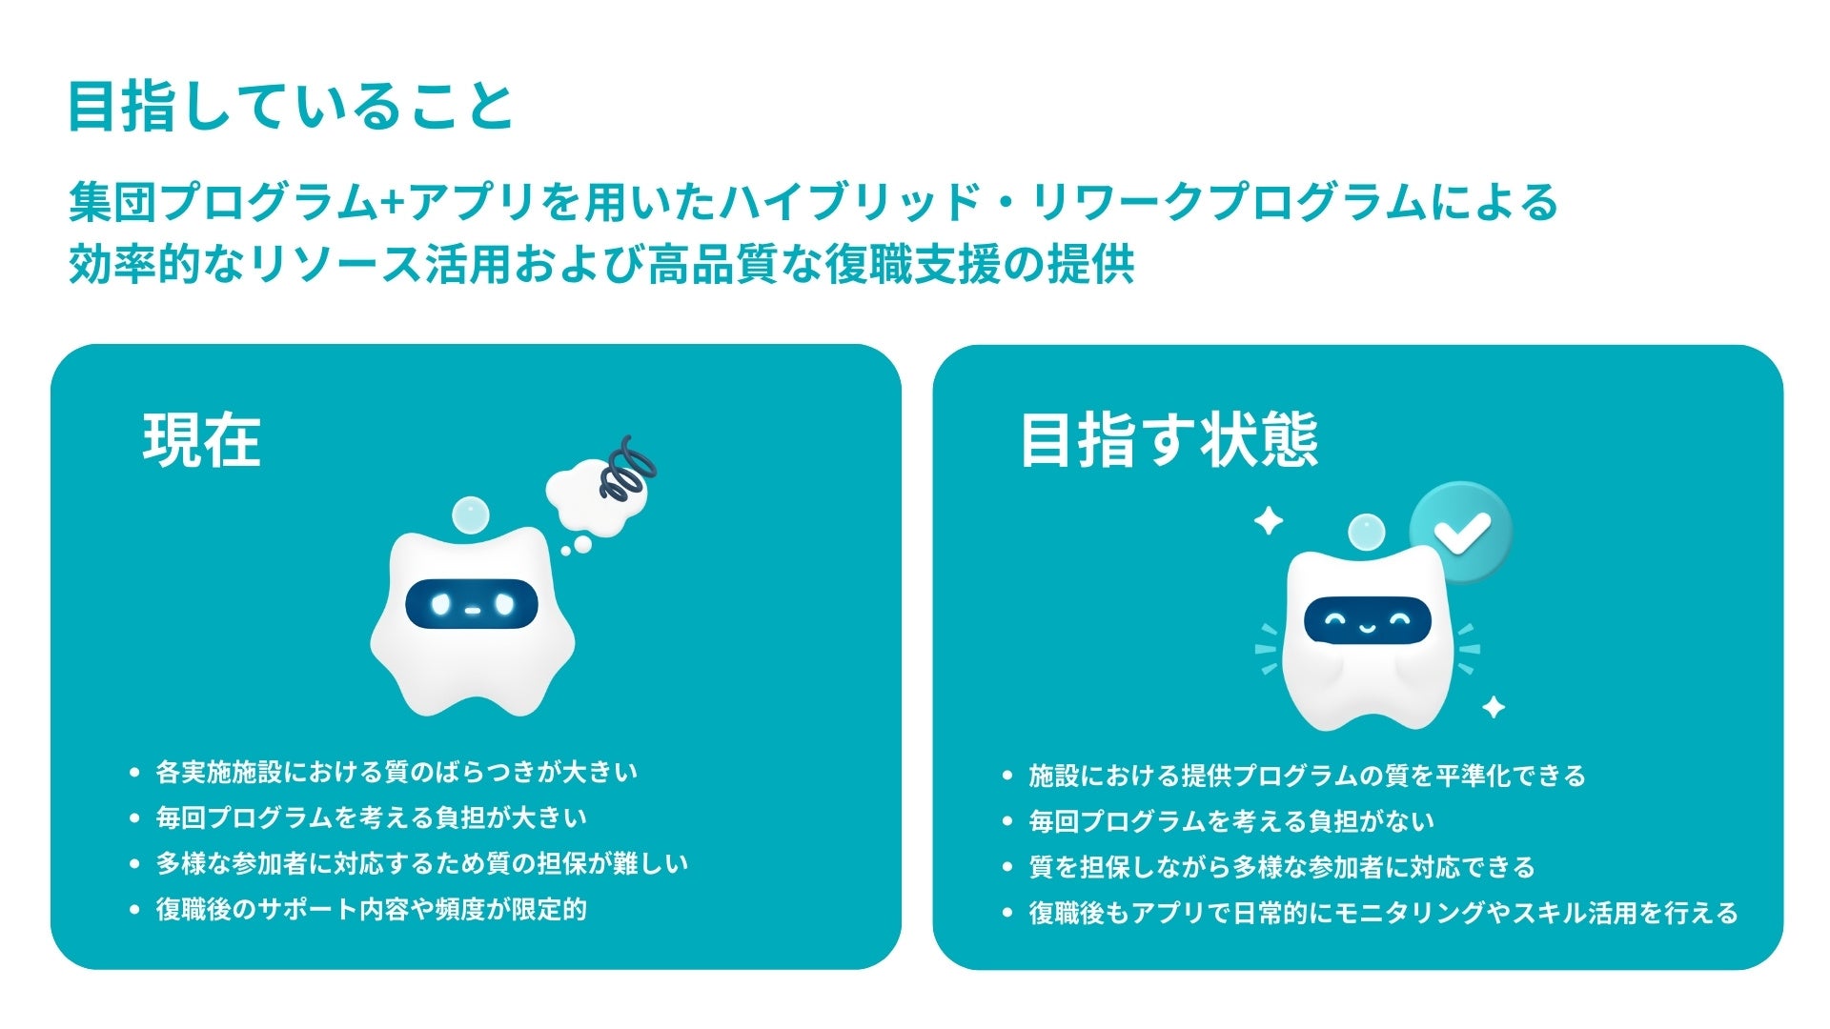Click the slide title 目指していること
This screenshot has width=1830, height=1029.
point(291,107)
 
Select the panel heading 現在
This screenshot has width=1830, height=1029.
point(202,440)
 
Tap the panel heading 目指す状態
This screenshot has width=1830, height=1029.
point(1169,440)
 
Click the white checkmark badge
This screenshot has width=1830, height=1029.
point(1461,532)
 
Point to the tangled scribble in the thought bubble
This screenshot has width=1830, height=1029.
point(627,470)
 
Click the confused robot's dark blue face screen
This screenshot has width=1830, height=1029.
point(472,604)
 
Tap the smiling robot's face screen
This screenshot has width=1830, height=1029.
point(1368,622)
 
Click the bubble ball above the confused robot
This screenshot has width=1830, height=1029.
point(469,515)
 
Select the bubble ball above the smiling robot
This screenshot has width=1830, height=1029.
point(1366,532)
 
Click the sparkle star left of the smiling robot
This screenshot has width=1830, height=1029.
point(1268,521)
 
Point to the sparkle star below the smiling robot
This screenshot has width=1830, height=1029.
point(1494,707)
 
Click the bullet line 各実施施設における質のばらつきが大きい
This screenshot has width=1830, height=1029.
point(396,772)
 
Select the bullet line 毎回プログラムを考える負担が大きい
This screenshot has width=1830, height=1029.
point(372,817)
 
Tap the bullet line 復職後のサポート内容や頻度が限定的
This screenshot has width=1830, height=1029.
point(372,909)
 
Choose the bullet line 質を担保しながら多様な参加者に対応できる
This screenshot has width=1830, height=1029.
point(1282,867)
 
